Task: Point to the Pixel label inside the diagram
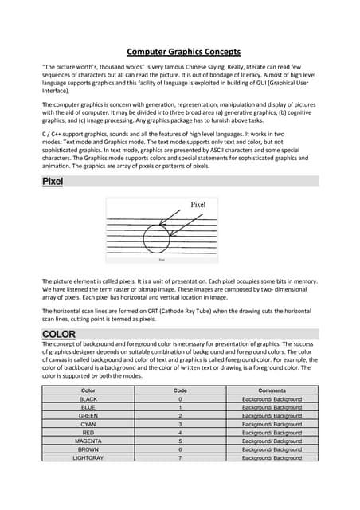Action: tap(198, 205)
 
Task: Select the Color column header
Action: tap(88, 390)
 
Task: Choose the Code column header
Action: tap(180, 390)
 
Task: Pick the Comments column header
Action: tap(272, 390)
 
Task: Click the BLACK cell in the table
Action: tap(88, 398)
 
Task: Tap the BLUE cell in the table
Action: tap(88, 407)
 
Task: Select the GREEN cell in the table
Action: tap(88, 416)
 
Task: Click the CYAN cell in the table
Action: tap(88, 424)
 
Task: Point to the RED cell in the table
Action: tap(88, 433)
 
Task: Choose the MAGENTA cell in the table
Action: tap(88, 441)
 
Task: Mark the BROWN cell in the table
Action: tap(88, 449)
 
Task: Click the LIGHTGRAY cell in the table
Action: tap(88, 458)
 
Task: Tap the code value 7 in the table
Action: tap(181, 458)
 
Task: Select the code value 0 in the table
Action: tap(181, 398)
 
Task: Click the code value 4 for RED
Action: tap(181, 433)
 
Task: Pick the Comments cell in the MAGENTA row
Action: tap(272, 441)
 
